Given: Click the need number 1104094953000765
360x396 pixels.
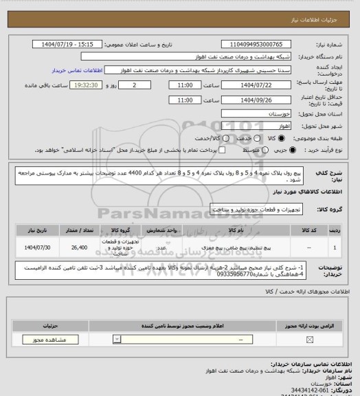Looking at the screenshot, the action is click(x=261, y=44).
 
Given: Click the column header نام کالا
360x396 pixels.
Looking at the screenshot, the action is click(x=240, y=232).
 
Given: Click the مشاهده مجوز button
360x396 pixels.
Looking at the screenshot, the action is click(x=46, y=339).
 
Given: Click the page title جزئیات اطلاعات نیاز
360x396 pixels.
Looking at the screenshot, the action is click(x=324, y=6).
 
